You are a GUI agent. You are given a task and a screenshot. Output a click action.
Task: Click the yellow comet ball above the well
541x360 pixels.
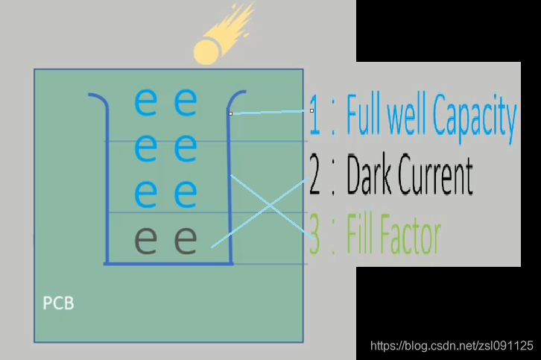[206, 51]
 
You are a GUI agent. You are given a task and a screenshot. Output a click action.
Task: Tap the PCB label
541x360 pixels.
[57, 304]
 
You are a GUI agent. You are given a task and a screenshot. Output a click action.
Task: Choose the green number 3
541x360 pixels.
[315, 237]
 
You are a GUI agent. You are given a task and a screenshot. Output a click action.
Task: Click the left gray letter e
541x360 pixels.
[146, 240]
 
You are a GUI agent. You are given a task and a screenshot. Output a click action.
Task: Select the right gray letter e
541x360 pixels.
[186, 240]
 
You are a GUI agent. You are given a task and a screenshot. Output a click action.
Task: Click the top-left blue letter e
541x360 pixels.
[146, 102]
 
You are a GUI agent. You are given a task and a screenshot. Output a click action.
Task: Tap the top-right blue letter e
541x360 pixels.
[186, 102]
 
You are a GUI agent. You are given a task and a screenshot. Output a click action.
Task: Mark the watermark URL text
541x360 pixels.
[452, 346]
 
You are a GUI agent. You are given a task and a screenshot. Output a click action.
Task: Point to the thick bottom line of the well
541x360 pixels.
[168, 263]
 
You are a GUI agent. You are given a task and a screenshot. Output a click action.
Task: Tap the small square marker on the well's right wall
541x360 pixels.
[231, 113]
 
